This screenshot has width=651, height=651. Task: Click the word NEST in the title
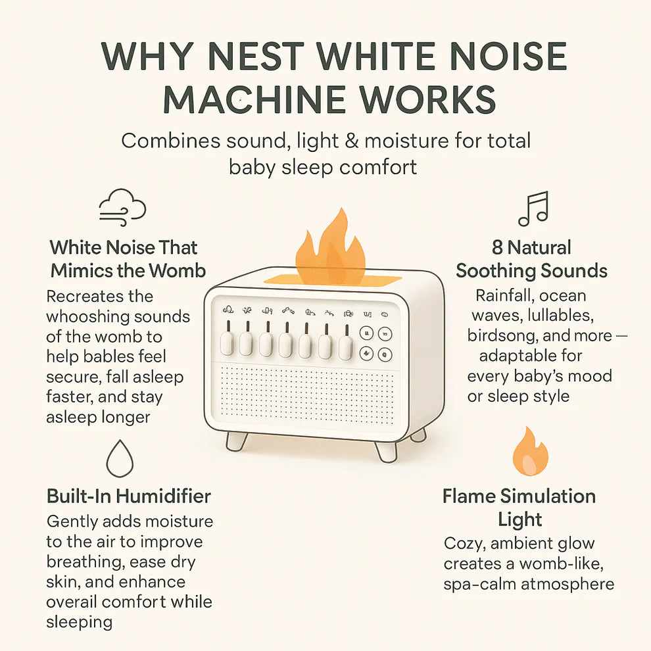point(256,56)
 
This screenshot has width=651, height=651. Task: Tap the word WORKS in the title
point(427,99)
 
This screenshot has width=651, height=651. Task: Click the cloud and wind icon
point(122,207)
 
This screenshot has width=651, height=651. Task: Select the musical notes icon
point(533,208)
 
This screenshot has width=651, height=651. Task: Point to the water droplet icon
point(120,458)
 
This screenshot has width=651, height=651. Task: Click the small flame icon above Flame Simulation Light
point(530,451)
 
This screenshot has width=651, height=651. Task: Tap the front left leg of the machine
point(236,441)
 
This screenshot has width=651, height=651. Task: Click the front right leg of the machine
point(386,452)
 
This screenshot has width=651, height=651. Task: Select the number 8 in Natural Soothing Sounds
point(497,247)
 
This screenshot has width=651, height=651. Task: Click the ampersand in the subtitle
point(351,141)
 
